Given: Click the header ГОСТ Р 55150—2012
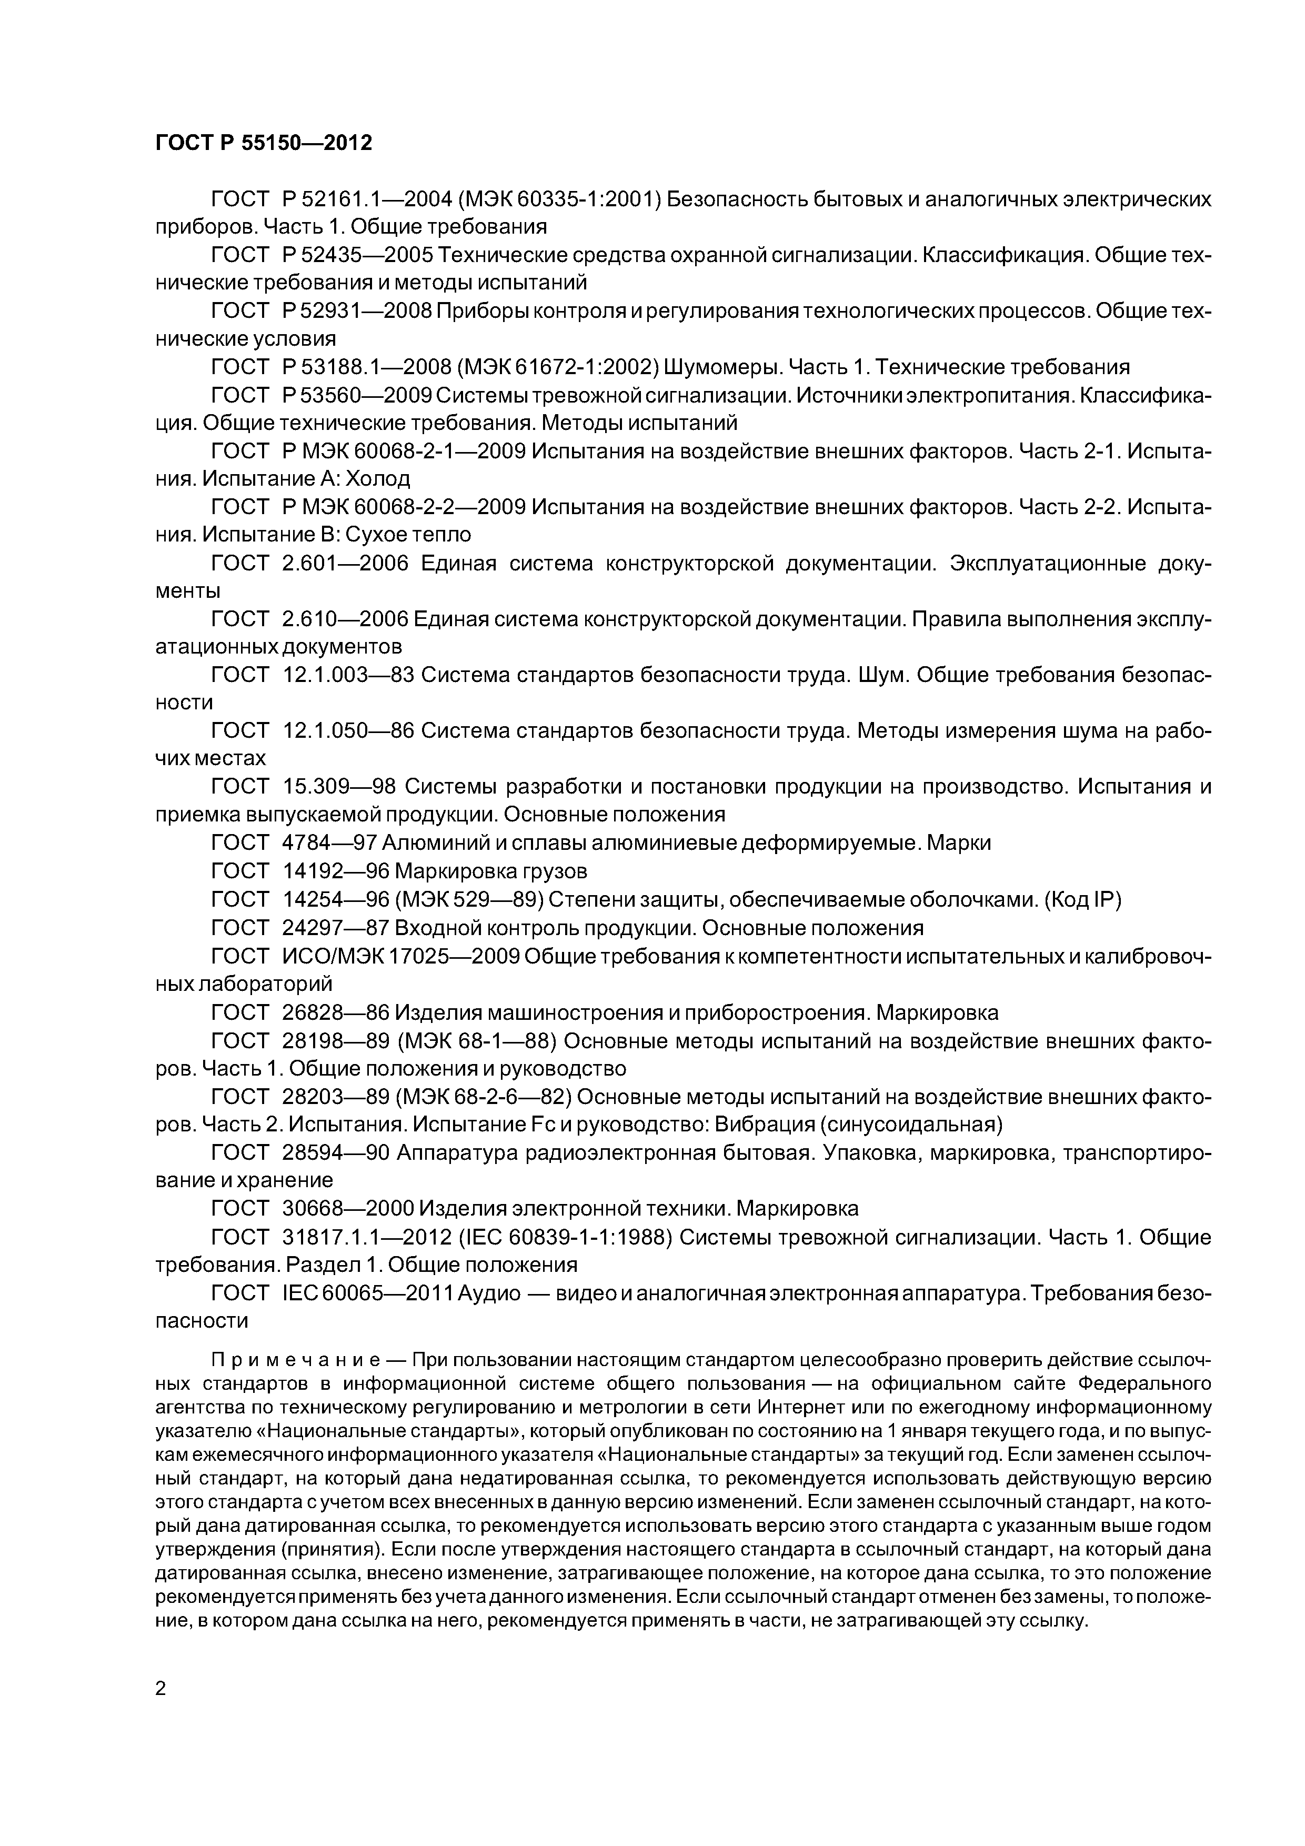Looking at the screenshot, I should (264, 143).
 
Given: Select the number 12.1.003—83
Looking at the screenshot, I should (348, 675).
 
